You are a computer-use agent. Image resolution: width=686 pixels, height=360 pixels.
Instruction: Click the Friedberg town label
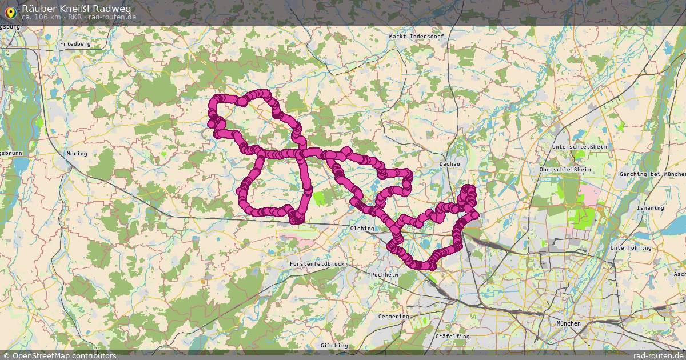pos(75,44)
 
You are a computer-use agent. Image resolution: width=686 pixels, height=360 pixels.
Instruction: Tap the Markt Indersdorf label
pos(416,37)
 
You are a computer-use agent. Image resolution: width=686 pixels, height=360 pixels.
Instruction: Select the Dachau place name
pos(449,164)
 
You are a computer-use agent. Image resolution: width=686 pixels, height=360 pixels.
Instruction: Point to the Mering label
pos(77,154)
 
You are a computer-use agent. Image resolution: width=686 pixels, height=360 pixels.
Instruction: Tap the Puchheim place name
pos(384,275)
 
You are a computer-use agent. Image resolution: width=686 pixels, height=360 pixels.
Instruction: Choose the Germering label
pos(393,317)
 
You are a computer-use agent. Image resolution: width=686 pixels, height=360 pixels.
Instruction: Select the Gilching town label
pos(334,346)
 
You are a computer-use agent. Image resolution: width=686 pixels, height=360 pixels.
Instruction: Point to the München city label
pos(568,324)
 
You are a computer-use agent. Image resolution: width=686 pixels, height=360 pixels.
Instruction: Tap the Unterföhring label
pos(631,248)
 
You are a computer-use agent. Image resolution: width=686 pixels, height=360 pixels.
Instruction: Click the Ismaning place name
pos(649,208)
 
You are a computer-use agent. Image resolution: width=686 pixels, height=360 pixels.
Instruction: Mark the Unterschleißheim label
pos(579,147)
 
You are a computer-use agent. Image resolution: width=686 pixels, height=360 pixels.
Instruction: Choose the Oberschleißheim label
pos(565,170)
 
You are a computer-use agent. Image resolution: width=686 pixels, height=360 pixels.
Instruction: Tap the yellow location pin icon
pos(10,11)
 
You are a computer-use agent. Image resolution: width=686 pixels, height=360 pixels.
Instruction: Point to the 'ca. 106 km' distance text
pos(42,17)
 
